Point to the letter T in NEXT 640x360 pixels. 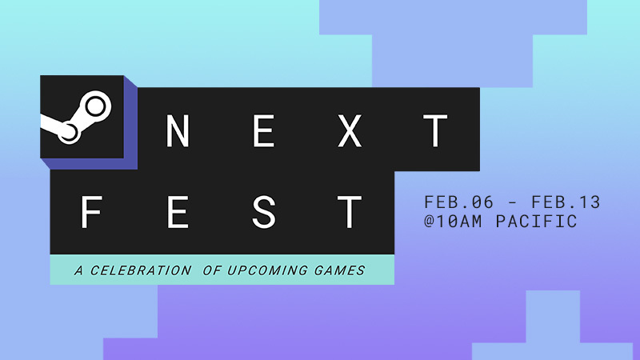436,131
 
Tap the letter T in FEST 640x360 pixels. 350,212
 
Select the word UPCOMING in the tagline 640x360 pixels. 268,270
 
